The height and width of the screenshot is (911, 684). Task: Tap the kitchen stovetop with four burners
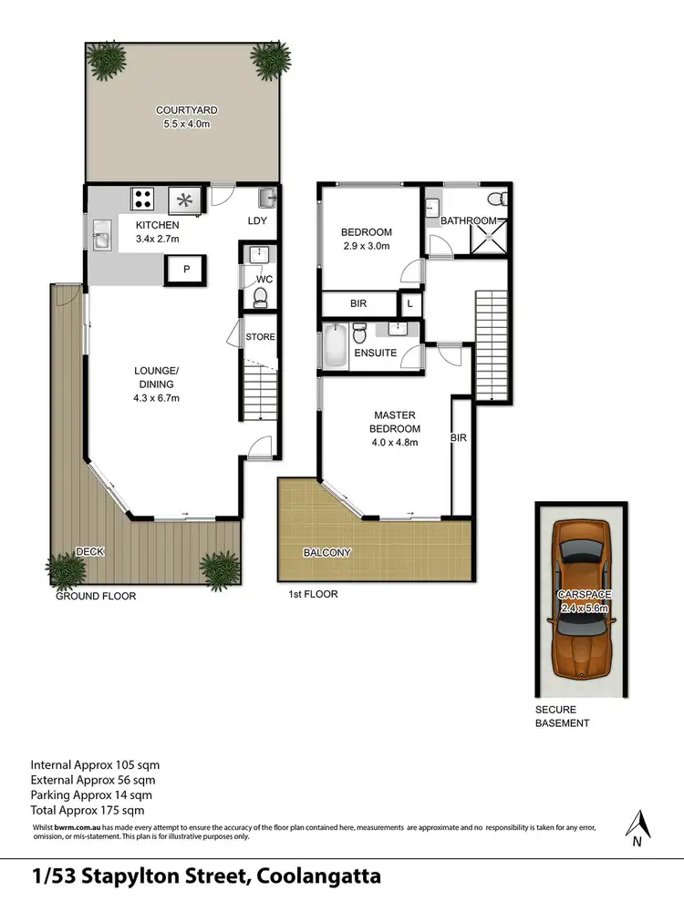pos(144,198)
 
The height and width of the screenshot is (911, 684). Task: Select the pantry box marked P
pos(187,270)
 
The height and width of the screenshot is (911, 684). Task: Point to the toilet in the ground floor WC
pos(260,296)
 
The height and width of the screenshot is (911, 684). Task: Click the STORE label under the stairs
pos(259,338)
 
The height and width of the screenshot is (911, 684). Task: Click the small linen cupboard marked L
pos(410,303)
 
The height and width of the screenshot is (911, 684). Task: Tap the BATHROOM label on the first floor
pos(468,220)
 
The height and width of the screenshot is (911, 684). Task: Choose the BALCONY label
pos(326,552)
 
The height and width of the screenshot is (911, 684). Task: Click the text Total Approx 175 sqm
pos(88,809)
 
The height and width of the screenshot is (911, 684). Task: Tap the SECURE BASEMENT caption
pos(563,716)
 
